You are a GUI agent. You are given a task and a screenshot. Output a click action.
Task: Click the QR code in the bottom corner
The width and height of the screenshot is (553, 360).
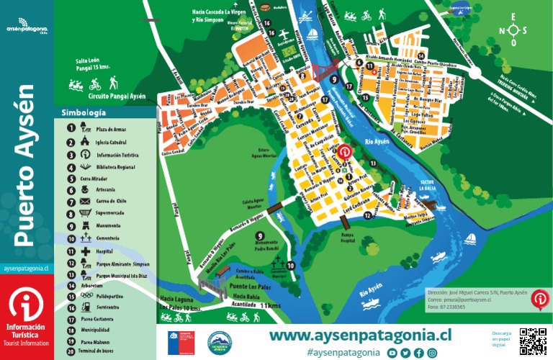click(x=533, y=340)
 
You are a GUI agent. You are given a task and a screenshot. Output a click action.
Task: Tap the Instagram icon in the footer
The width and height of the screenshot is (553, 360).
click(x=432, y=353)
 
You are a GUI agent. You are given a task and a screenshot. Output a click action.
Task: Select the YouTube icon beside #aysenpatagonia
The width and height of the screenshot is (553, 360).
click(x=392, y=353)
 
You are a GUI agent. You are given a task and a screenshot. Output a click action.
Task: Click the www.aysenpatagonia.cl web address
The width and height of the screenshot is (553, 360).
click(x=360, y=336)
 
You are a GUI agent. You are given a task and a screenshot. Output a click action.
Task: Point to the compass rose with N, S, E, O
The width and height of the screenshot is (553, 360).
click(x=513, y=30)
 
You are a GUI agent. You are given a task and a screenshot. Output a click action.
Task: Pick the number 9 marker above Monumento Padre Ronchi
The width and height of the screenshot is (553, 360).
click(x=260, y=235)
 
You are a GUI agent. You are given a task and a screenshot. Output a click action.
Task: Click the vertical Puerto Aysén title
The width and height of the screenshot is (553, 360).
click(x=27, y=166)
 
